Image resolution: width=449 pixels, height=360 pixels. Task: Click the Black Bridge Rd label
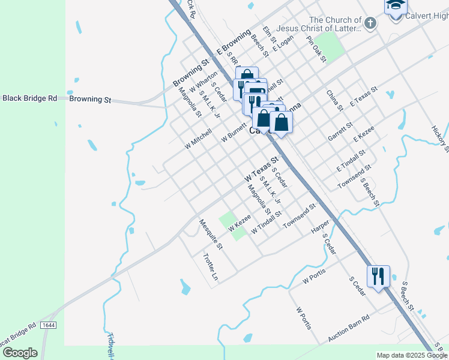29,98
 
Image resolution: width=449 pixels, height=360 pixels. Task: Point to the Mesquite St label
211,235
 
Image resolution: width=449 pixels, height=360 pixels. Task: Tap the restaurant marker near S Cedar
378,277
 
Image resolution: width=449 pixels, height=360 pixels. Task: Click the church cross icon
370,24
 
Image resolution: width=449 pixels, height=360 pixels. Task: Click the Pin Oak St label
316,49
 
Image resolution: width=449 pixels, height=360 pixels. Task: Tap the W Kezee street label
239,222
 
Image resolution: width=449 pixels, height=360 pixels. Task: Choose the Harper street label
320,227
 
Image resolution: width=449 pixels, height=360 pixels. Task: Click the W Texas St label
262,170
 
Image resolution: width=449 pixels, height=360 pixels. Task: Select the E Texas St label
364,97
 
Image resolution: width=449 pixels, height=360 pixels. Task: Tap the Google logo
20,353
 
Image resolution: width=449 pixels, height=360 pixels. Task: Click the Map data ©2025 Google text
412,355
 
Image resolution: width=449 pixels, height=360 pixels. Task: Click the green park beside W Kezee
231,224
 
